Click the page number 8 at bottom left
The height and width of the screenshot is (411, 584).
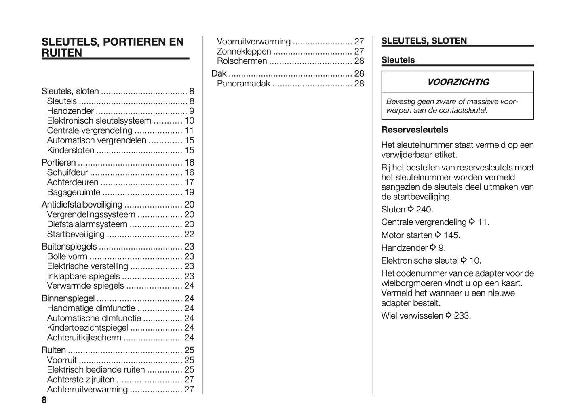point(44,400)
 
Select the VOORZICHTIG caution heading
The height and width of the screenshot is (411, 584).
point(458,82)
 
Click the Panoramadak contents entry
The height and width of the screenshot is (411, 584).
point(243,84)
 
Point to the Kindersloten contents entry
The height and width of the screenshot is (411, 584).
point(71,150)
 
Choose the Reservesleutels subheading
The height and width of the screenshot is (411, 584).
point(415,130)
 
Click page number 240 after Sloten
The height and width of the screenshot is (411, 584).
point(424,210)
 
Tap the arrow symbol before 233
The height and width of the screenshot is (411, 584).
point(449,315)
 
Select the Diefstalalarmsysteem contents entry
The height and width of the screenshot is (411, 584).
point(87,224)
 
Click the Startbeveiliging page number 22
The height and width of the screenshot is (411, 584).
point(189,234)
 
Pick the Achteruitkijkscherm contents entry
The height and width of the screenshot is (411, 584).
point(84,338)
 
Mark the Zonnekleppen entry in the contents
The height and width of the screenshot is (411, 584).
point(244,51)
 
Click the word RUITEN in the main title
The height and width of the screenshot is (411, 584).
point(62,53)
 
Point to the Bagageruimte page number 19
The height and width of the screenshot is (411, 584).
point(189,192)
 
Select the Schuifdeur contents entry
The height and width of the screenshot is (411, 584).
point(67,172)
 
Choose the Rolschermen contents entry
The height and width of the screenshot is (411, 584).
point(242,61)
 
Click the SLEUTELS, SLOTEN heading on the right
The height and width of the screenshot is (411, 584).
point(424,41)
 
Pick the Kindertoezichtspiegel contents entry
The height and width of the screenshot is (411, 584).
point(87,328)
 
